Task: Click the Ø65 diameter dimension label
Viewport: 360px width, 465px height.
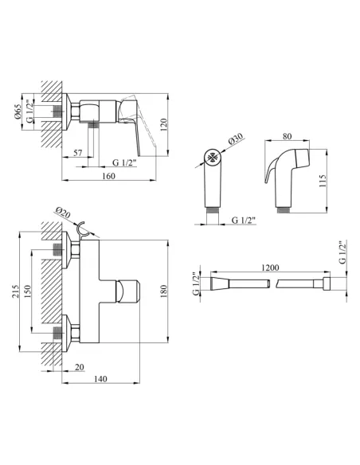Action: (18, 111)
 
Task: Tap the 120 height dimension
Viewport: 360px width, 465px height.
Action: (164, 124)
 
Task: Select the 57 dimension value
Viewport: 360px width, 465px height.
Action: (78, 153)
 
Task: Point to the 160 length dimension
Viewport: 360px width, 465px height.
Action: (108, 176)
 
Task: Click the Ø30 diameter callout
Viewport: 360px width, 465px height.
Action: (236, 139)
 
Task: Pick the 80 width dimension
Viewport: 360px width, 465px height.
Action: (287, 136)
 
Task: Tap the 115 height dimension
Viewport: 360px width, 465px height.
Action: (323, 180)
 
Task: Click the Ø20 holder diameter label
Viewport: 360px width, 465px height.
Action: (63, 213)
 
